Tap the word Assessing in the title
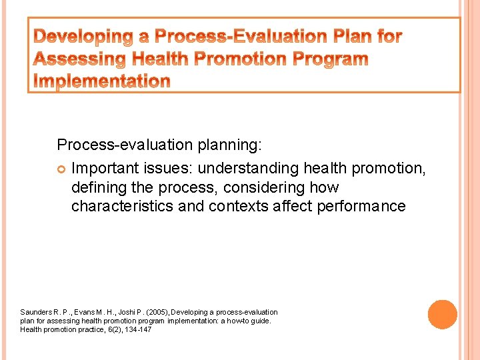tap(78, 59)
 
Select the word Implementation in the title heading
tap(102, 81)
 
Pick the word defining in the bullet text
tap(98, 187)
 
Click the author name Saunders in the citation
tap(35, 312)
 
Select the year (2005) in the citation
tap(157, 312)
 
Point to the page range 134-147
tap(137, 329)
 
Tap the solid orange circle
tap(442, 315)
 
